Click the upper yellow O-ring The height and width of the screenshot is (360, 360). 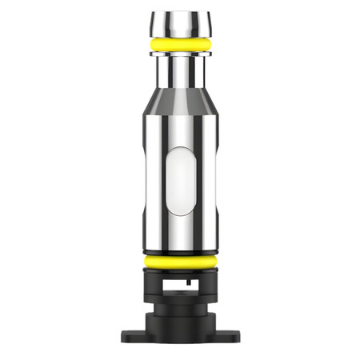tap(179, 44)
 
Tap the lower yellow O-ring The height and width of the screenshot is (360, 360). tap(180, 262)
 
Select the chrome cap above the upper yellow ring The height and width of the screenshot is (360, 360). tap(179, 22)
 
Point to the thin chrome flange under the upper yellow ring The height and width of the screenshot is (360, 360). tap(179, 54)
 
